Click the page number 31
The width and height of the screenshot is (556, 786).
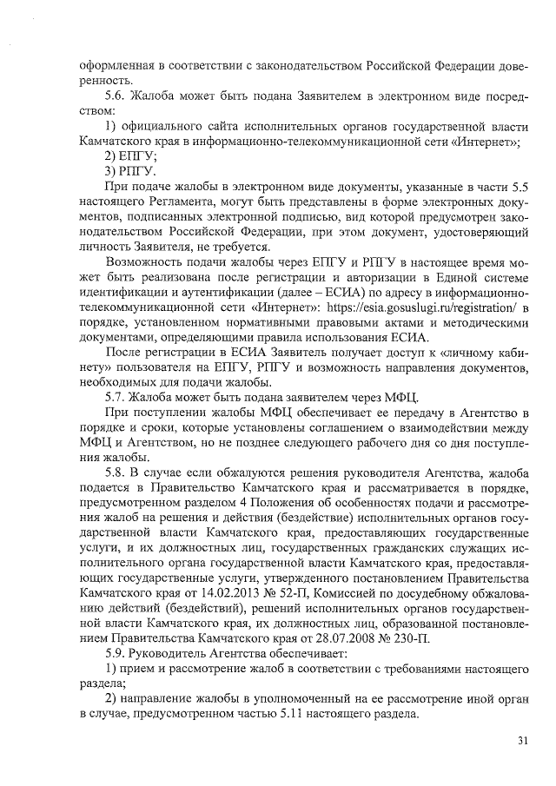tap(522, 740)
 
